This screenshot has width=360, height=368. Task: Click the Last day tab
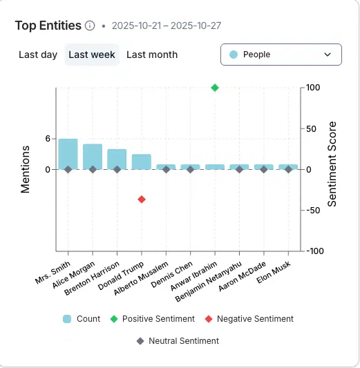pyautogui.click(x=38, y=55)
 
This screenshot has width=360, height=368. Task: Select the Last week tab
pyautogui.click(x=92, y=55)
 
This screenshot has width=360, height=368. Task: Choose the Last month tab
pyautogui.click(x=152, y=55)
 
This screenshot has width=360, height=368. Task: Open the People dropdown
pyautogui.click(x=281, y=55)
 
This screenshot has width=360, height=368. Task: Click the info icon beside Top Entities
pyautogui.click(x=90, y=26)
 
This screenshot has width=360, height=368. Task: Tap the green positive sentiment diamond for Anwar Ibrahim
pyautogui.click(x=215, y=88)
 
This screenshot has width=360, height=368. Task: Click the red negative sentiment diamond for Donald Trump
pyautogui.click(x=142, y=199)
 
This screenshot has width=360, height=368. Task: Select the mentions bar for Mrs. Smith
pyautogui.click(x=68, y=153)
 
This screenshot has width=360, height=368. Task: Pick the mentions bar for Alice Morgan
pyautogui.click(x=93, y=156)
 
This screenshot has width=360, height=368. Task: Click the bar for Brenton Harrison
pyautogui.click(x=117, y=159)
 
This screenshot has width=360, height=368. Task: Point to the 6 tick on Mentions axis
pyautogui.click(x=48, y=138)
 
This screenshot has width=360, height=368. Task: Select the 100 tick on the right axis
pyautogui.click(x=314, y=88)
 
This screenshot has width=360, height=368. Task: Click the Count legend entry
pyautogui.click(x=82, y=319)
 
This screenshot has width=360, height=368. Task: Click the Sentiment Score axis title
pyautogui.click(x=332, y=169)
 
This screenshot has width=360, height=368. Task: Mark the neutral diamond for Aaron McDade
pyautogui.click(x=264, y=169)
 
